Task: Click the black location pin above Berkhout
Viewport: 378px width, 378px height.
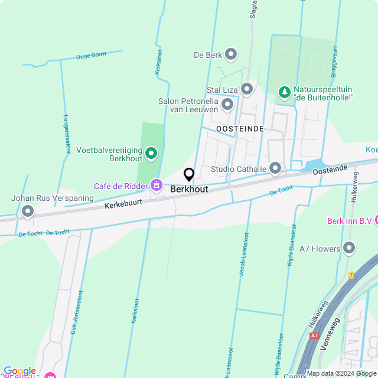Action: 189,175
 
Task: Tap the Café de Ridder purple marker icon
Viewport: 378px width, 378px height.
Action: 157,185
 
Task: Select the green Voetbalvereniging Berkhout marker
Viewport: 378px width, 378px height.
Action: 151,154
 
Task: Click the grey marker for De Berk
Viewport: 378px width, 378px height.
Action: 231,55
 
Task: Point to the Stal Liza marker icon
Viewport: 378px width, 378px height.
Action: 247,89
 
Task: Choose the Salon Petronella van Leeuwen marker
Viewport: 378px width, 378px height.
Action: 227,105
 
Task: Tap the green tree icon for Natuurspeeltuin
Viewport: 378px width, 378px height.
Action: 285,92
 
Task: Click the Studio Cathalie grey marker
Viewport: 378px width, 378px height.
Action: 275,169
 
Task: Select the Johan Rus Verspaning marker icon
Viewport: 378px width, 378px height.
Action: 28,211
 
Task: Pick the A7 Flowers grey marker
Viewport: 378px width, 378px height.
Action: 349,247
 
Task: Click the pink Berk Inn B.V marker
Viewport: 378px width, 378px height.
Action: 376,221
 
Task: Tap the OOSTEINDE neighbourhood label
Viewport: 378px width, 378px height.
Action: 240,129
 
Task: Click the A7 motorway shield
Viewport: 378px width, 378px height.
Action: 314,335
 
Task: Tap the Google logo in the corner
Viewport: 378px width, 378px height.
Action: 20,371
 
